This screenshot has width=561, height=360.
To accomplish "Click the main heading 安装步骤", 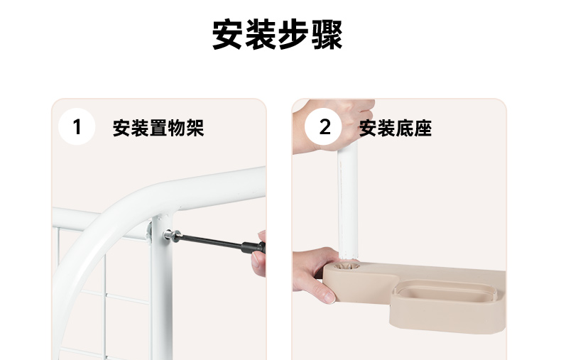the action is [x=278, y=35].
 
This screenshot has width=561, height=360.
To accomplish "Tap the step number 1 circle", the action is [x=77, y=126].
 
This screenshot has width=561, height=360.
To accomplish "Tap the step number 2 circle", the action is [x=323, y=126].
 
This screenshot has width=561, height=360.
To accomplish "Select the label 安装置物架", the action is [x=158, y=128].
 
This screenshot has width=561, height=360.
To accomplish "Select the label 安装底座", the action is [x=396, y=128].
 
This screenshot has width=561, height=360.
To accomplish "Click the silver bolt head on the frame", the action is [x=171, y=236].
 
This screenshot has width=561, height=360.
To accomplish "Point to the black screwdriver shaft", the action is [x=211, y=241].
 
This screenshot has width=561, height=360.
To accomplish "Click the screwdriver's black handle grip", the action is [x=254, y=247].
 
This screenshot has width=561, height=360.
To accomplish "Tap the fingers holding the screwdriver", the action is [x=259, y=254].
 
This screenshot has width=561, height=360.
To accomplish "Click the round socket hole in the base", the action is [x=347, y=266].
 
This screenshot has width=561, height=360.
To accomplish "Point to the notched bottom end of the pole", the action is [x=348, y=254].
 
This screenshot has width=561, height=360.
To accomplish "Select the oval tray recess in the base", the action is [x=444, y=289].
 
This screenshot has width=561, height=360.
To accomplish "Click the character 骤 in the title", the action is [x=327, y=35].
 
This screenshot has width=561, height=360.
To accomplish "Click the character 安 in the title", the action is [x=228, y=35].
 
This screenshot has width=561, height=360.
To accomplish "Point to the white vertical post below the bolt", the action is [x=162, y=300].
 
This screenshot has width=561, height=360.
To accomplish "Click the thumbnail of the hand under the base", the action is [x=329, y=297].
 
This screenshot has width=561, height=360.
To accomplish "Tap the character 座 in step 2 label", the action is [x=423, y=128].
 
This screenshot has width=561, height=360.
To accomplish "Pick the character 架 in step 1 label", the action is [x=195, y=128].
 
